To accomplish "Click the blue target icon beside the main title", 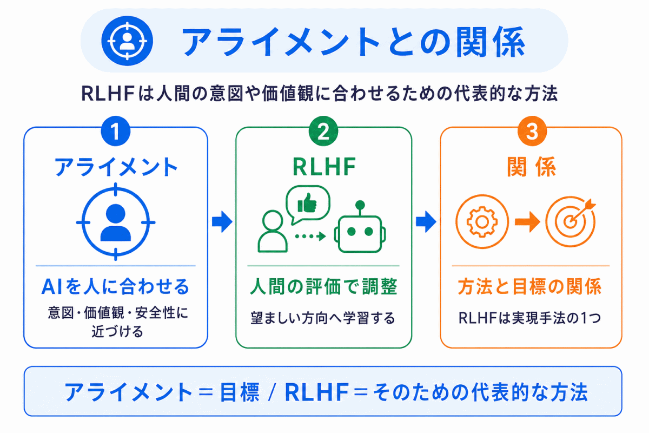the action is click(127, 41).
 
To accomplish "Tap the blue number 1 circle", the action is click(116, 131).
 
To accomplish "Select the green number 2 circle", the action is click(323, 131).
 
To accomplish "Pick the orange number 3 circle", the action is click(532, 131).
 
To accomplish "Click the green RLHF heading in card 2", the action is click(324, 167).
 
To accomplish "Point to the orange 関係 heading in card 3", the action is click(531, 167).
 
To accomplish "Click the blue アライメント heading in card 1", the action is click(116, 167).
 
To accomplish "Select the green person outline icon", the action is click(273, 231).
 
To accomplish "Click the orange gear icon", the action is click(482, 222).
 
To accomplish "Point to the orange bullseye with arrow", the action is click(570, 222).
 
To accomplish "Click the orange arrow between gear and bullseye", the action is click(527, 222).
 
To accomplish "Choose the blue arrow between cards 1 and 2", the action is click(222, 222).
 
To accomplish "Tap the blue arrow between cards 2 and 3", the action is click(426, 222).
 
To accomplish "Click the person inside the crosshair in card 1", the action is click(116, 222).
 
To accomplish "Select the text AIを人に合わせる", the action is click(115, 286).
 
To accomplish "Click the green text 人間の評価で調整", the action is click(323, 286).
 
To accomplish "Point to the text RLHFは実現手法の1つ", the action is click(529, 318).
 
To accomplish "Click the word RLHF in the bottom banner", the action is click(316, 392).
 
